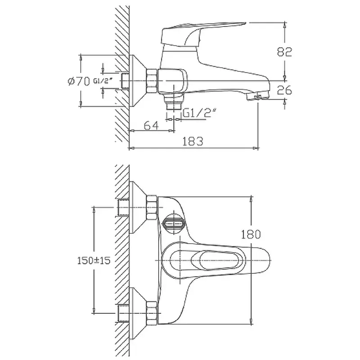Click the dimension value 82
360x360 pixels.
pyautogui.click(x=284, y=52)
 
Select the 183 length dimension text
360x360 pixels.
pyautogui.click(x=193, y=141)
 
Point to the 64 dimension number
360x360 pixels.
pyautogui.click(x=151, y=126)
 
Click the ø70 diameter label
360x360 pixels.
pyautogui.click(x=79, y=81)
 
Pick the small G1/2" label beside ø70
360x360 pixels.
pyautogui.click(x=103, y=81)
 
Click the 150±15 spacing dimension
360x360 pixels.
pyautogui.click(x=94, y=261)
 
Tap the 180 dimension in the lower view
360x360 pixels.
pyautogui.click(x=251, y=234)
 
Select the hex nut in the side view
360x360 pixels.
pyautogui.click(x=152, y=81)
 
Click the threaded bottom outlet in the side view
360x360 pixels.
pyautogui.click(x=174, y=107)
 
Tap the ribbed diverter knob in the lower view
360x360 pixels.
pyautogui.click(x=174, y=223)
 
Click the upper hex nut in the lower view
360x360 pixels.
pyautogui.click(x=152, y=207)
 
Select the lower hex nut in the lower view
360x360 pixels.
pyautogui.click(x=152, y=313)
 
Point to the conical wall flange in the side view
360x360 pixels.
pyautogui.click(x=138, y=81)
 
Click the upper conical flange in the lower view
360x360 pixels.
pyautogui.click(x=138, y=207)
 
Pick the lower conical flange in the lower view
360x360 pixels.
pyautogui.click(x=138, y=313)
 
